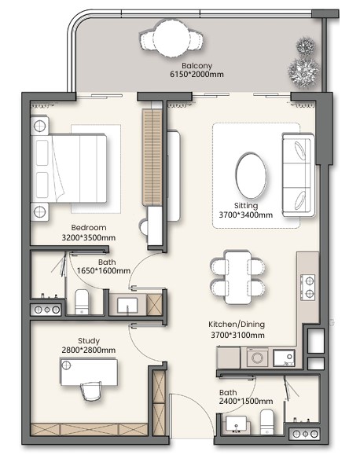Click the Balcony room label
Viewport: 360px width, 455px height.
pos(197,65)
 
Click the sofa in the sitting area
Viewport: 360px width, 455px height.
pos(298,175)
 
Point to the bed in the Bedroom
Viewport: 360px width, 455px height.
pos(69,168)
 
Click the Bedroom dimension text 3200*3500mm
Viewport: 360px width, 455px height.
pos(89,238)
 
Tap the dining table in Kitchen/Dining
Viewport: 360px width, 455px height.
pos(238,277)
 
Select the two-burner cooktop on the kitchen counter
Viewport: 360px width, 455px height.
pos(308,287)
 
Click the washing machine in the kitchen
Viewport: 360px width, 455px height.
pos(257,358)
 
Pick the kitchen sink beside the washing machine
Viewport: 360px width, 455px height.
pos(285,358)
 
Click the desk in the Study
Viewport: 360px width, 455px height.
pos(89,372)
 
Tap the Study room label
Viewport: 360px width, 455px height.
pos(89,341)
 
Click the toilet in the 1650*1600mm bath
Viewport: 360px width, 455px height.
pos(82,302)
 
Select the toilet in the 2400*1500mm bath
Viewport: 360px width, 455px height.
pos(267,422)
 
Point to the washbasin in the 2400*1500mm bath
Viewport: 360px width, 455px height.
pos(237,424)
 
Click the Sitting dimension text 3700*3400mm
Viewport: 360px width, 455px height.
pos(245,215)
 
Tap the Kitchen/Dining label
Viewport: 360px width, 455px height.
pos(237,324)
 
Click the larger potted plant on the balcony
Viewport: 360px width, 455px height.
pos(303,72)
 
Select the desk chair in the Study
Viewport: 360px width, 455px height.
pos(91,391)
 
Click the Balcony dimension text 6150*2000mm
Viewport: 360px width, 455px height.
pos(197,75)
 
